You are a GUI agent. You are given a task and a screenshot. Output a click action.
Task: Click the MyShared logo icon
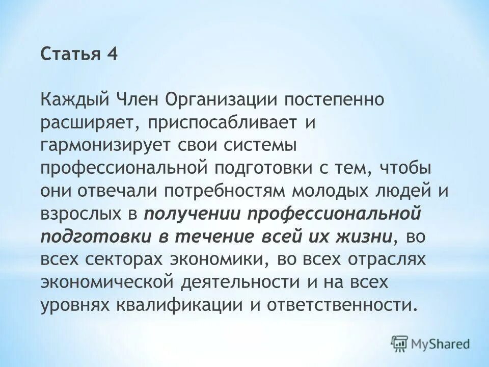(x=400, y=343)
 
